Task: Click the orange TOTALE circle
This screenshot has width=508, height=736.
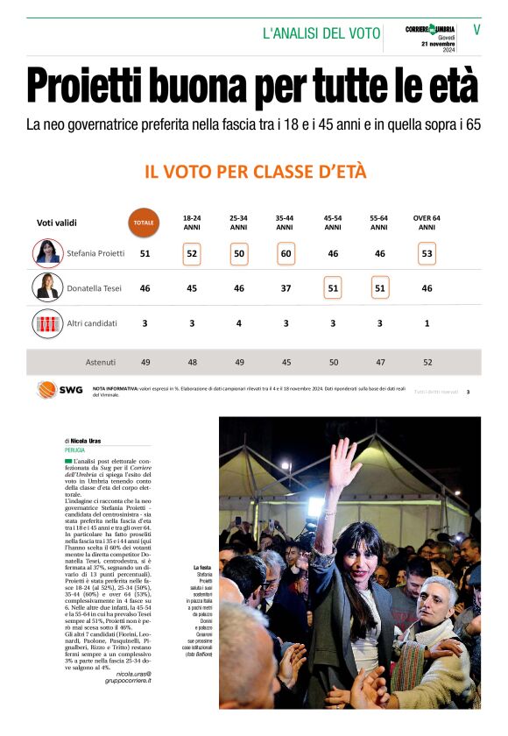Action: pos(144,223)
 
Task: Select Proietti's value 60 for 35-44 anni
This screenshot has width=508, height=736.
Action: pos(285,253)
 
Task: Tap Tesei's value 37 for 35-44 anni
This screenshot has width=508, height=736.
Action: pos(285,288)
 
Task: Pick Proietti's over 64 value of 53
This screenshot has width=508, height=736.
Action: pos(427,253)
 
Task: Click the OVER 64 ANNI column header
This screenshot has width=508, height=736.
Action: pos(427,223)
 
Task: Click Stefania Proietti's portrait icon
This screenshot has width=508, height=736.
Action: pos(47,252)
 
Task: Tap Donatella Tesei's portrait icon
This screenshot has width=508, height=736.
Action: pos(47,287)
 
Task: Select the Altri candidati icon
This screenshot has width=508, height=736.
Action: pos(47,323)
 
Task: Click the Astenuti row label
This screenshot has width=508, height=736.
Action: pos(101,362)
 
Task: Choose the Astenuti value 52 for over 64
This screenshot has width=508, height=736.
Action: pos(427,362)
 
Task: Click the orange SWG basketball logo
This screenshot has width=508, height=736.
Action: pos(49,390)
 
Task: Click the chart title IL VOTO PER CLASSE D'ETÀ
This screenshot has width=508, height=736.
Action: pos(255,171)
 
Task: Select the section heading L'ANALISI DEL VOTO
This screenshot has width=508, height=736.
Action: pos(321,33)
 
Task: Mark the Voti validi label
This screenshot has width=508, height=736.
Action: pos(57,223)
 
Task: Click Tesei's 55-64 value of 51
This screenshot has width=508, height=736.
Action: pos(379,288)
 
